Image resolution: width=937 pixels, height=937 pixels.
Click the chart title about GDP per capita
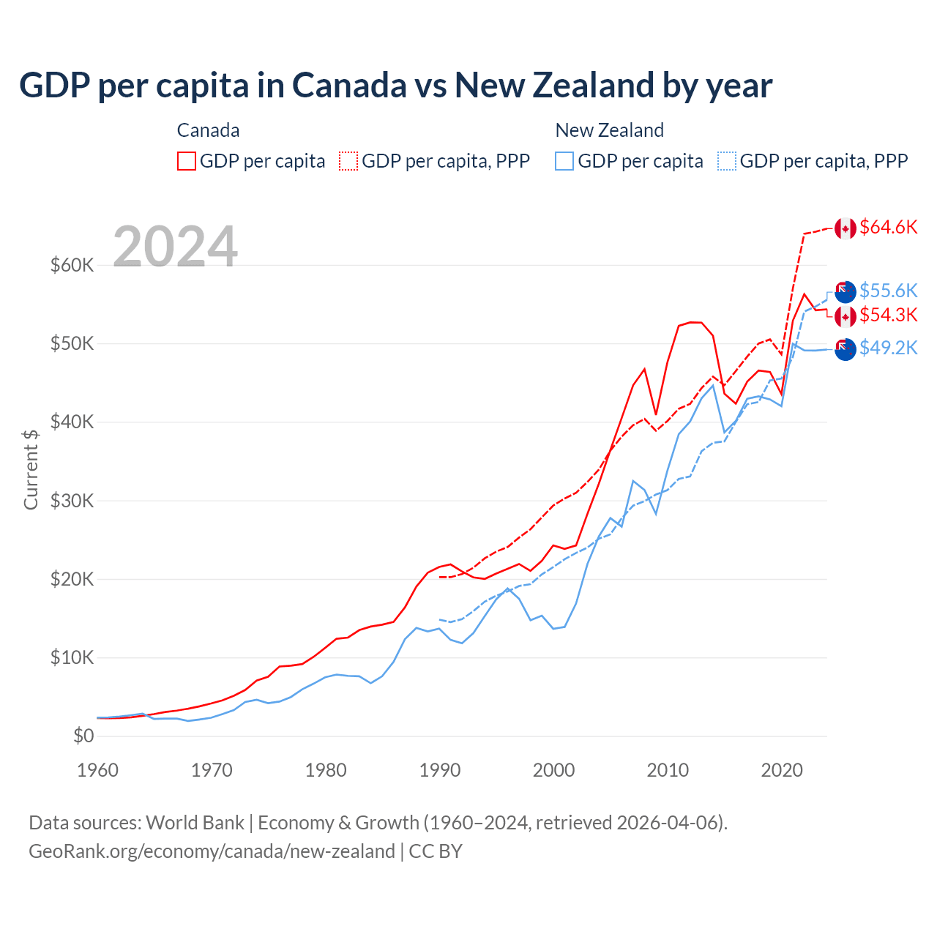395,86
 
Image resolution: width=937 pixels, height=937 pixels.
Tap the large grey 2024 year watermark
176,246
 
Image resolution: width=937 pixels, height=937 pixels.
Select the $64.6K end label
888,228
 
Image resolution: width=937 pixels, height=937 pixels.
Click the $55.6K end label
888,291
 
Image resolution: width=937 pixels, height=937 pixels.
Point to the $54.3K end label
888,316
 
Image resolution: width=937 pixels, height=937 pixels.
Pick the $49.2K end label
888,348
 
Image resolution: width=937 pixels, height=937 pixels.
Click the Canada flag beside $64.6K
845,228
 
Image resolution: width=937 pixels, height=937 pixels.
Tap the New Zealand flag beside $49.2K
845,349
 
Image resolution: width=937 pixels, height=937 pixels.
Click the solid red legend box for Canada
187,161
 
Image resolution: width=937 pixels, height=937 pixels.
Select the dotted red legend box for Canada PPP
348,161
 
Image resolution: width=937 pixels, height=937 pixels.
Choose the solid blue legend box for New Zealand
564,161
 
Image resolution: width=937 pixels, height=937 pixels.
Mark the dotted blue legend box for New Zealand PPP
727,161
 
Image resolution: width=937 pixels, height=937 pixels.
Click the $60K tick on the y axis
72,265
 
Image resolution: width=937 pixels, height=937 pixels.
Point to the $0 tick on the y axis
83,736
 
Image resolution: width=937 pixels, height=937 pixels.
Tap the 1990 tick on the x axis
440,770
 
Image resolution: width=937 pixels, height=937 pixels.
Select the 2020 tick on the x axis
782,770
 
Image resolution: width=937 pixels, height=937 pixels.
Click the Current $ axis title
31,469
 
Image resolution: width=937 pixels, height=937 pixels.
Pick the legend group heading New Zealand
610,130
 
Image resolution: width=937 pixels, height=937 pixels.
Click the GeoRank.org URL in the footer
212,851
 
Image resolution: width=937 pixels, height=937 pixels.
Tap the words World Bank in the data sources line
195,823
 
